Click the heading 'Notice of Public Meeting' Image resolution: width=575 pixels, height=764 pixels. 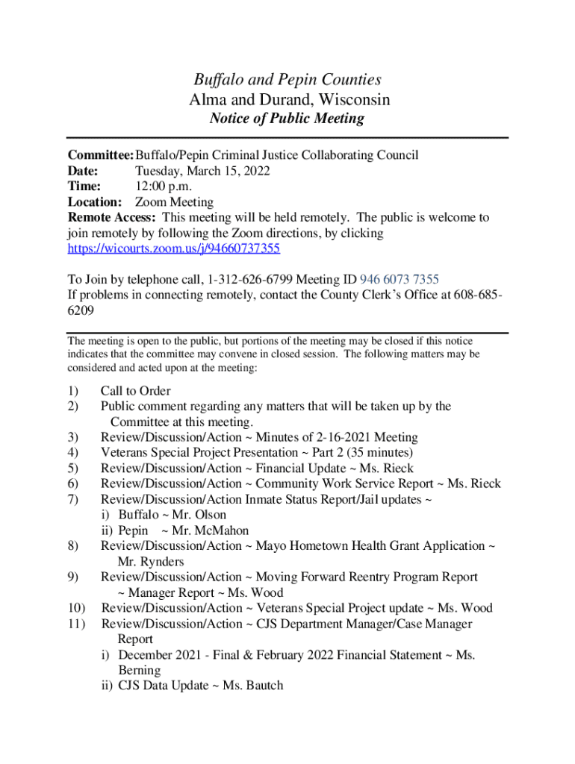coord(287,119)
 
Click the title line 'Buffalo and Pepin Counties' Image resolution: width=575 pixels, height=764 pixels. coord(287,80)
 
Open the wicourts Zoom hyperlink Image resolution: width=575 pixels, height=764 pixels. coord(174,248)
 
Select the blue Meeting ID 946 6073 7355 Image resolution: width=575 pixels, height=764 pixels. coord(400,280)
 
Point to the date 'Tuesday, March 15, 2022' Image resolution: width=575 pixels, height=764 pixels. coord(202,171)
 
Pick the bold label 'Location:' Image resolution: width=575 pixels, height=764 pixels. coord(95,202)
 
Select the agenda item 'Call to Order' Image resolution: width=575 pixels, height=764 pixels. coord(136,391)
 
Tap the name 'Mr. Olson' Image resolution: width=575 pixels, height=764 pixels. coord(199,515)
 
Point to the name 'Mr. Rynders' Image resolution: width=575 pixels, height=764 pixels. coord(151,562)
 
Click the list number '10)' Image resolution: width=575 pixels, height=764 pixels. coord(77,608)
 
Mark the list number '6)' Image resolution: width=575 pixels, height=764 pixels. coord(73,484)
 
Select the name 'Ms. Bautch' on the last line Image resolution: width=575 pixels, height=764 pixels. coord(253,686)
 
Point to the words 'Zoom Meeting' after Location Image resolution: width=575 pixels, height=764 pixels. coord(174,202)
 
